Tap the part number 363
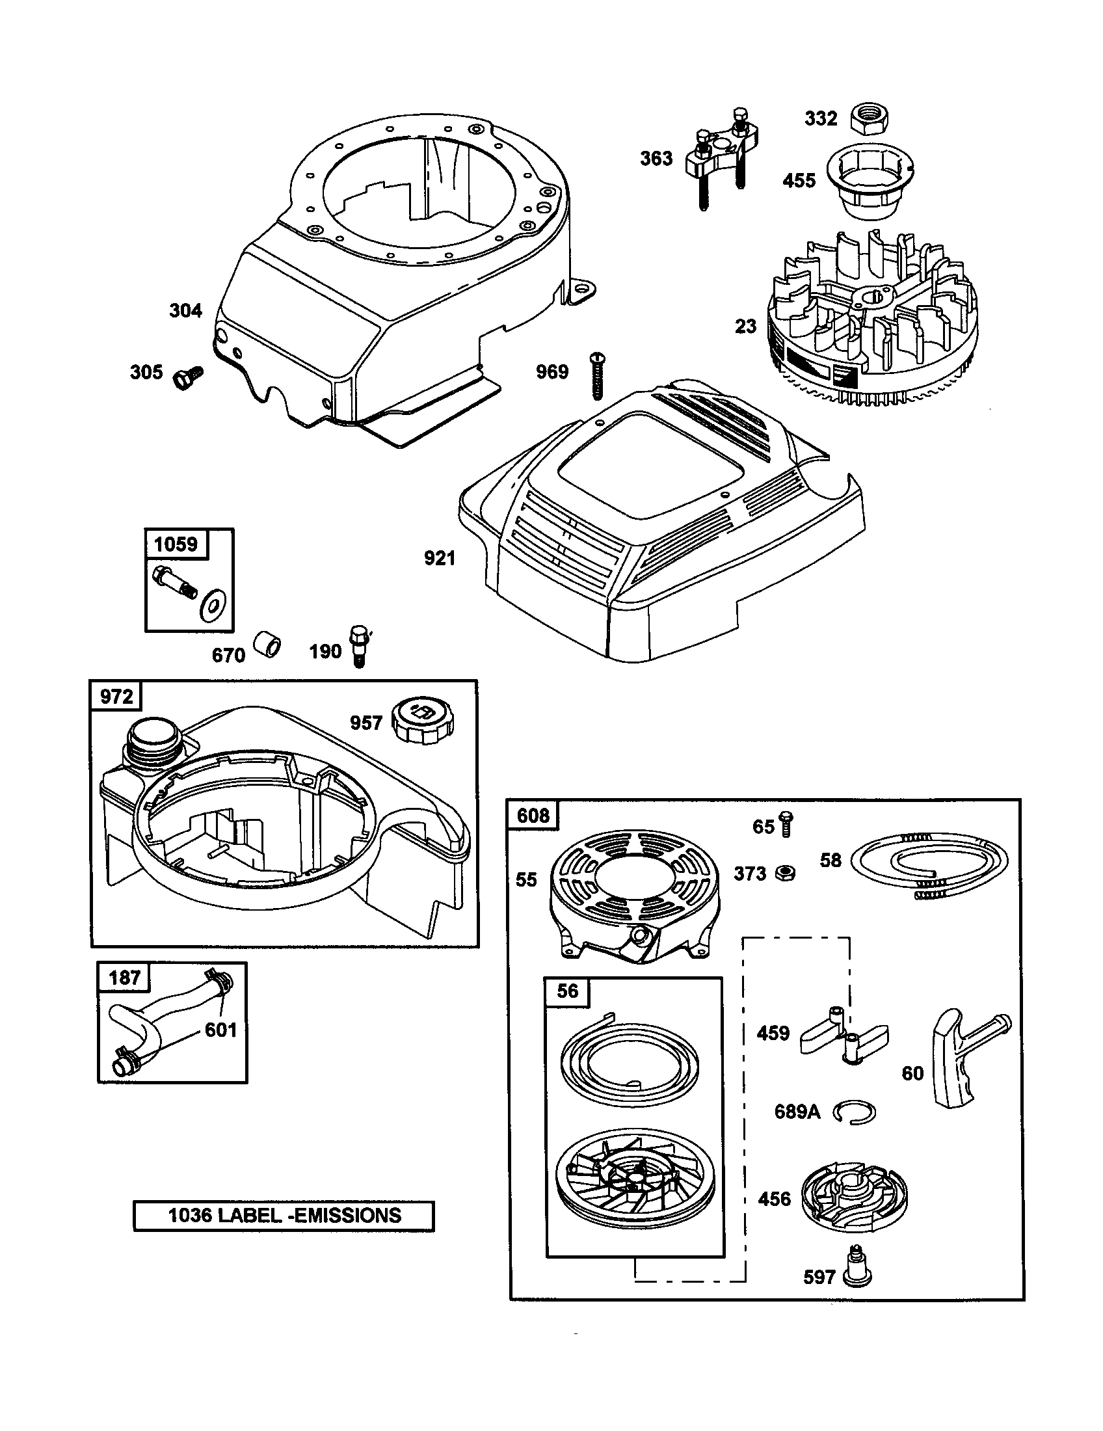[656, 159]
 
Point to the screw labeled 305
[188, 377]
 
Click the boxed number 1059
[176, 544]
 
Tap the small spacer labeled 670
[269, 644]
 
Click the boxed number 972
[116, 697]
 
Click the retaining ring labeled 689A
[855, 1112]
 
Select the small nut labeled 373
[786, 873]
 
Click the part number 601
[220, 1030]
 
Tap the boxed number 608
[533, 816]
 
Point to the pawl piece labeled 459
[845, 1037]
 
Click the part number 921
[440, 558]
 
